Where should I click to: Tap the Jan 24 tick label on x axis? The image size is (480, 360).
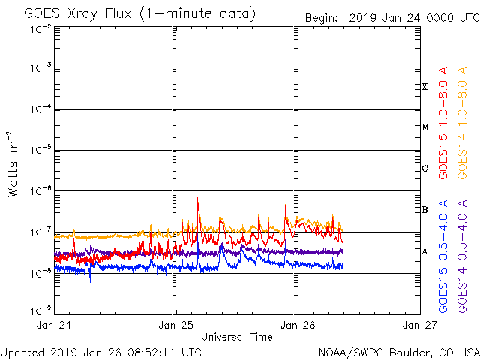click(54, 325)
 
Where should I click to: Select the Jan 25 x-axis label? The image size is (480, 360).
click(176, 325)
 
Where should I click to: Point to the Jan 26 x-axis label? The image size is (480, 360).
click(298, 325)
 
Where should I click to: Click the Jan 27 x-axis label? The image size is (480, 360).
click(418, 325)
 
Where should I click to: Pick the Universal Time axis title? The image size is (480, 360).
click(236, 337)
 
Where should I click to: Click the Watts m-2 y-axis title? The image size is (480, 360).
click(13, 164)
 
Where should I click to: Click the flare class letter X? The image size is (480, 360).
click(424, 87)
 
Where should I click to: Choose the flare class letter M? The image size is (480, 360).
click(424, 127)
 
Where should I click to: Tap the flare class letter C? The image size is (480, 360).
click(424, 169)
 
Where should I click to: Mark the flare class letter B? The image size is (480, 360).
click(424, 210)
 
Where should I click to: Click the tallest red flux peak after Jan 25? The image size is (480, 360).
click(198, 199)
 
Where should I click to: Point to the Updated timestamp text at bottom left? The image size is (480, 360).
click(100, 351)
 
